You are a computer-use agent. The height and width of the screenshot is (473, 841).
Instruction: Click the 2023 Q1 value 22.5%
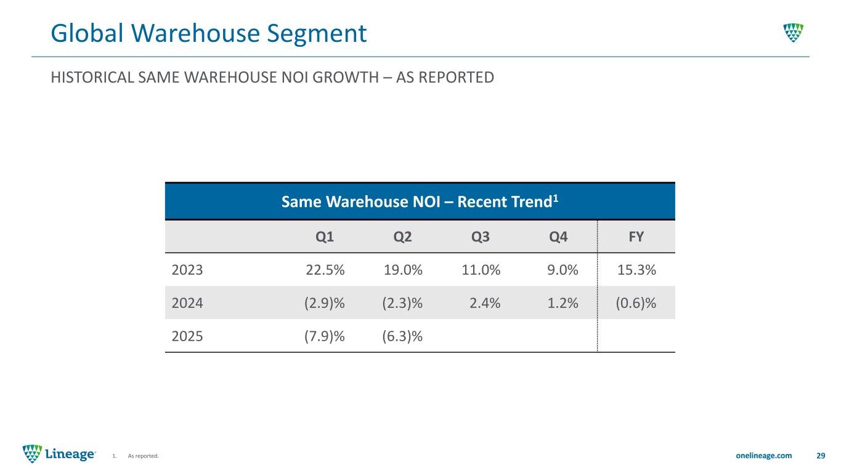coord(325,269)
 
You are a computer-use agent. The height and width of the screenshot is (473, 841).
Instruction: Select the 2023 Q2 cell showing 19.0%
coord(403,269)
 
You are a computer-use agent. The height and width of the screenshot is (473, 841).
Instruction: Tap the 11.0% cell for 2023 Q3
coord(481,269)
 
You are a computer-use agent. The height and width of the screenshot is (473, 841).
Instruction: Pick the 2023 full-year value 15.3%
coord(636,269)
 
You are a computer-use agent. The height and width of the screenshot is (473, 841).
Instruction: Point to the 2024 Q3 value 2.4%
coord(485,302)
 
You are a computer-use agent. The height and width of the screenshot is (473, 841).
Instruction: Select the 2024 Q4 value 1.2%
coord(562,302)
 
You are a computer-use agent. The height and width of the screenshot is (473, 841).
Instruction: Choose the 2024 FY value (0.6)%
coord(636,302)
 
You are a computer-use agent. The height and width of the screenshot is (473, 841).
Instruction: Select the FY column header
coord(636,236)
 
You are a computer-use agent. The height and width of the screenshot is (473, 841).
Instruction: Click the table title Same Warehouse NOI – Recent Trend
coord(420,201)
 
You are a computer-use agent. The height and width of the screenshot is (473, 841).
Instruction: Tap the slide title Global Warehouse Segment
coord(209,33)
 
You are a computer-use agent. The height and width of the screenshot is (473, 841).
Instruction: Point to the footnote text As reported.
coord(143,456)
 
